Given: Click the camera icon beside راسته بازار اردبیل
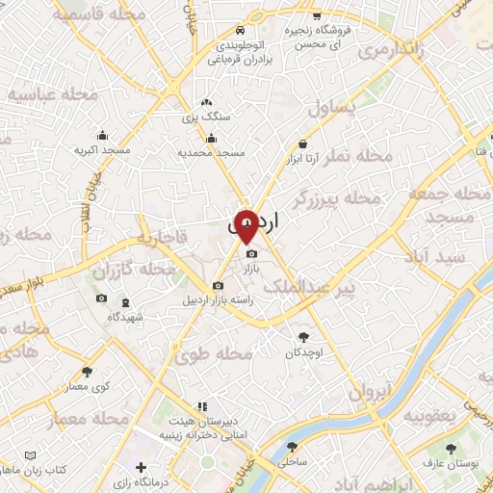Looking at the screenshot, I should point(218,286).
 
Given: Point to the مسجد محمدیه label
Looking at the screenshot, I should point(212,153).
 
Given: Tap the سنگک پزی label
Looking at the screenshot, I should point(208,116).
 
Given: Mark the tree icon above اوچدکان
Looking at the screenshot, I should point(305,337).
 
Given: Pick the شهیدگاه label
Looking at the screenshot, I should point(125,316).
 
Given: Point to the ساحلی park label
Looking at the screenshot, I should point(291,462).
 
